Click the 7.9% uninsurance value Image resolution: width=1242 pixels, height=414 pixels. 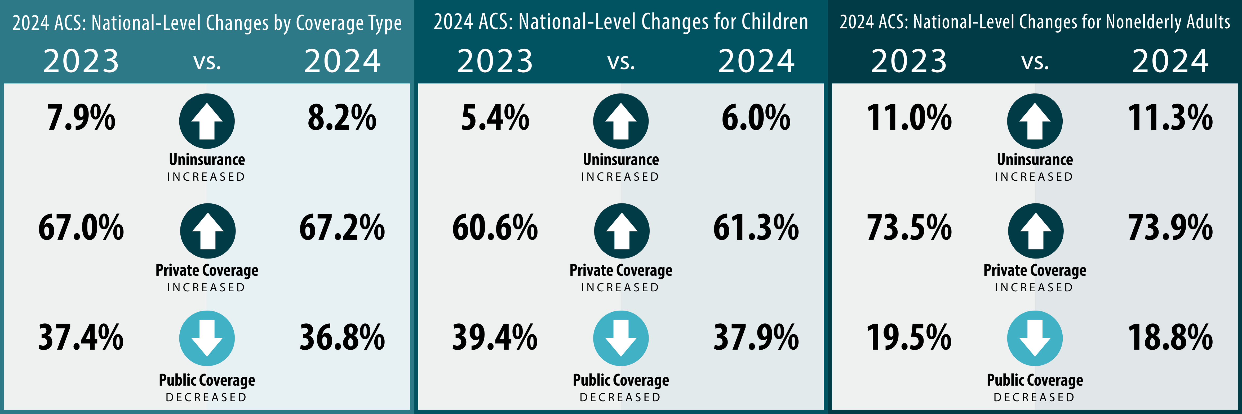[x=81, y=118]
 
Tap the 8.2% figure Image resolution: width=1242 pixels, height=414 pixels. [x=342, y=118]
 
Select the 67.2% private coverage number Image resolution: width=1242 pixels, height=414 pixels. [x=342, y=228]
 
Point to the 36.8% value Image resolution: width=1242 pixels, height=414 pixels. [x=342, y=337]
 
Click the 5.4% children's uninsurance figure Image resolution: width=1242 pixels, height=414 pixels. [x=495, y=118]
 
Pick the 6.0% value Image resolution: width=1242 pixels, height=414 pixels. [x=756, y=118]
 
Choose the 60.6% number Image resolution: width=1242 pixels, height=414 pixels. [x=495, y=228]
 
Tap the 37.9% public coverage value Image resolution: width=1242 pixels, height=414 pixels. [x=756, y=337]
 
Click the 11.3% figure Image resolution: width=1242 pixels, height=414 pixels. [x=1170, y=118]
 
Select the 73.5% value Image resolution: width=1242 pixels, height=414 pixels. [x=909, y=228]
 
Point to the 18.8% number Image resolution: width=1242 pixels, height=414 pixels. [x=1170, y=337]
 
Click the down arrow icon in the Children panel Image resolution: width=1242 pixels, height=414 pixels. [x=621, y=338]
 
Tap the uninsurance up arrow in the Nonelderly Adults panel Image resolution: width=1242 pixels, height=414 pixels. [x=1035, y=121]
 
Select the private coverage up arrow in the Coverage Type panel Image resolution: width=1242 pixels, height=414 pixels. [x=208, y=231]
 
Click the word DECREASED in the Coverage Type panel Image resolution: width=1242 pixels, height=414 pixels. [x=206, y=398]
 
